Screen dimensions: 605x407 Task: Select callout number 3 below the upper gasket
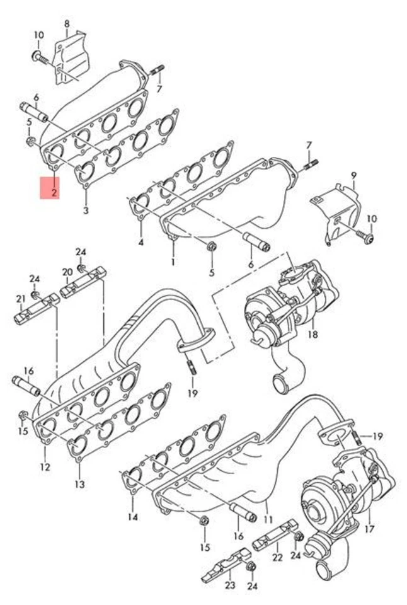coord(86,209)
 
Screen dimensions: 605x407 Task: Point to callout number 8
coord(67,24)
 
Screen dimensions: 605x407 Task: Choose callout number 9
coord(353,175)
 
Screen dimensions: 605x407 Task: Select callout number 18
coord(313,333)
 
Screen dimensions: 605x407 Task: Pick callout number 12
coord(45,467)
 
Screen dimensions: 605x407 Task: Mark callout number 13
coord(79,485)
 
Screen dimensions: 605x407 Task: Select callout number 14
coord(132,519)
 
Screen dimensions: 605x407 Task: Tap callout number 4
coord(140,242)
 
